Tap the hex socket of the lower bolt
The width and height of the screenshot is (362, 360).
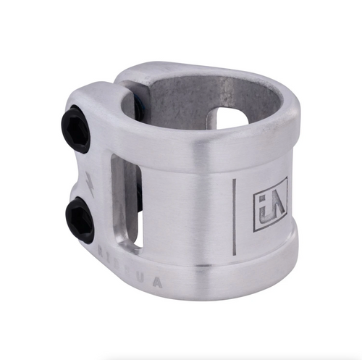coord(80,219)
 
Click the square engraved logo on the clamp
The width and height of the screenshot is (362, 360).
coord(270,204)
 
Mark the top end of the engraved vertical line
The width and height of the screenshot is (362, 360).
coord(234,180)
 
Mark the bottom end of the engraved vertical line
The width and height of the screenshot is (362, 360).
coord(234,254)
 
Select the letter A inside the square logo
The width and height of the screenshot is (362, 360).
coord(276,203)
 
